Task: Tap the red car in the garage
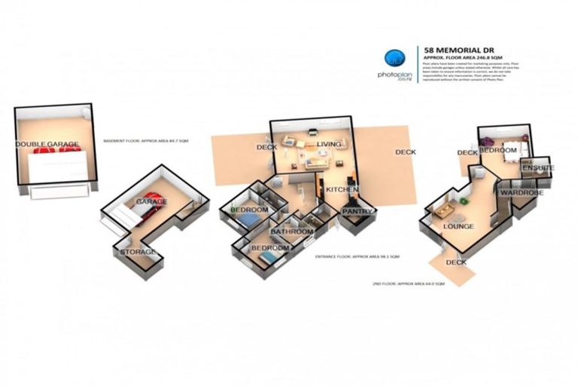pyautogui.click(x=148, y=211)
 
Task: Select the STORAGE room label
pyautogui.click(x=139, y=252)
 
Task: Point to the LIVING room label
pyautogui.click(x=329, y=143)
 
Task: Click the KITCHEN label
pyautogui.click(x=341, y=188)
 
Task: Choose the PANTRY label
pyautogui.click(x=357, y=212)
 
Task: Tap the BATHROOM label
pyautogui.click(x=292, y=231)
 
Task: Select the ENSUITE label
pyautogui.click(x=539, y=167)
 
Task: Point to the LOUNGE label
pyautogui.click(x=458, y=226)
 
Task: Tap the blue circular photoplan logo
pyautogui.click(x=393, y=58)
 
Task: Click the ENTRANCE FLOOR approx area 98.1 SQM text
pyautogui.click(x=354, y=257)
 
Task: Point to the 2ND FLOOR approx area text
pyautogui.click(x=409, y=284)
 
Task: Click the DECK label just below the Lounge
pyautogui.click(x=456, y=262)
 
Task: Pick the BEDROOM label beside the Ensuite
pyautogui.click(x=498, y=151)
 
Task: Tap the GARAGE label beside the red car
pyautogui.click(x=151, y=202)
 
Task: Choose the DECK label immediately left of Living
pyautogui.click(x=266, y=147)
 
